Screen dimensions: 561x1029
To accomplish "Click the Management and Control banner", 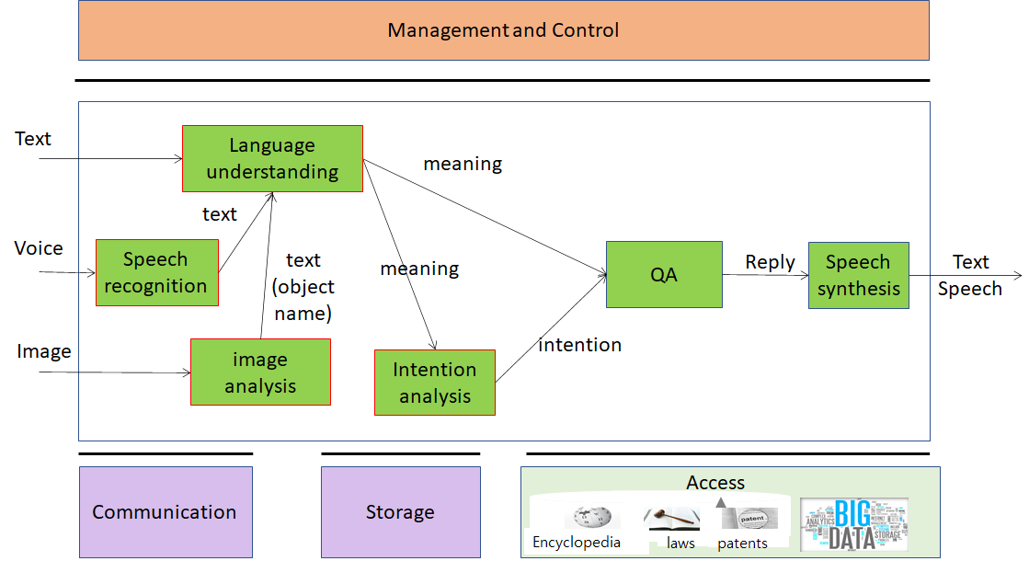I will point(503,30).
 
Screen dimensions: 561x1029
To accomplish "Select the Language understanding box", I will point(272,158).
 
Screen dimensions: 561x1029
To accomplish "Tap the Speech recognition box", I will point(156,272).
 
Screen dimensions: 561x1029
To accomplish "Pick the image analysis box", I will point(260,372).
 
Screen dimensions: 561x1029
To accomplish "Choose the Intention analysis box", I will point(434,383).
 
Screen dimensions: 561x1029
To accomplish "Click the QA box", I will point(664,274).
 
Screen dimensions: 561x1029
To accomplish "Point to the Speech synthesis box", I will point(858,275).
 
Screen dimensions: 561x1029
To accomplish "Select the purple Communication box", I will point(165,512).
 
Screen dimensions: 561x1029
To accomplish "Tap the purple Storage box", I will point(400,512).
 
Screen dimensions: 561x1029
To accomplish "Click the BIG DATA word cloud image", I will point(853,524).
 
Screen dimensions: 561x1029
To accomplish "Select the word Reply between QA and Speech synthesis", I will point(770,262).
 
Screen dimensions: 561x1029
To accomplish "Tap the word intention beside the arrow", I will point(579,345).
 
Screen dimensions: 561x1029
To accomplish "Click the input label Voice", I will point(39,248).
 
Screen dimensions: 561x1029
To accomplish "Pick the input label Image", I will point(43,351).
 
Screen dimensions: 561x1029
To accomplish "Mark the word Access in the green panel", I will point(715,483).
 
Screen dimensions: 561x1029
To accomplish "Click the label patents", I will point(742,544).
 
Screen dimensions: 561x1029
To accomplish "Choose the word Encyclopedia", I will point(576,543).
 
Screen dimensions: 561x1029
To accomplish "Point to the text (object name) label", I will point(303,287).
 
